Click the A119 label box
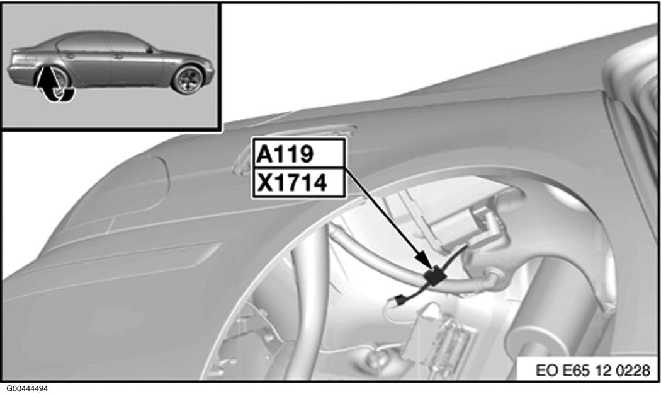[x=299, y=154]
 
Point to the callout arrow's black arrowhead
[x=425, y=258]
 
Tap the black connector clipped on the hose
[x=435, y=276]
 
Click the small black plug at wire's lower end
[x=400, y=300]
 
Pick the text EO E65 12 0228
[x=593, y=370]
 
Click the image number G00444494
[x=25, y=388]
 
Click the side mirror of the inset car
[x=149, y=50]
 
